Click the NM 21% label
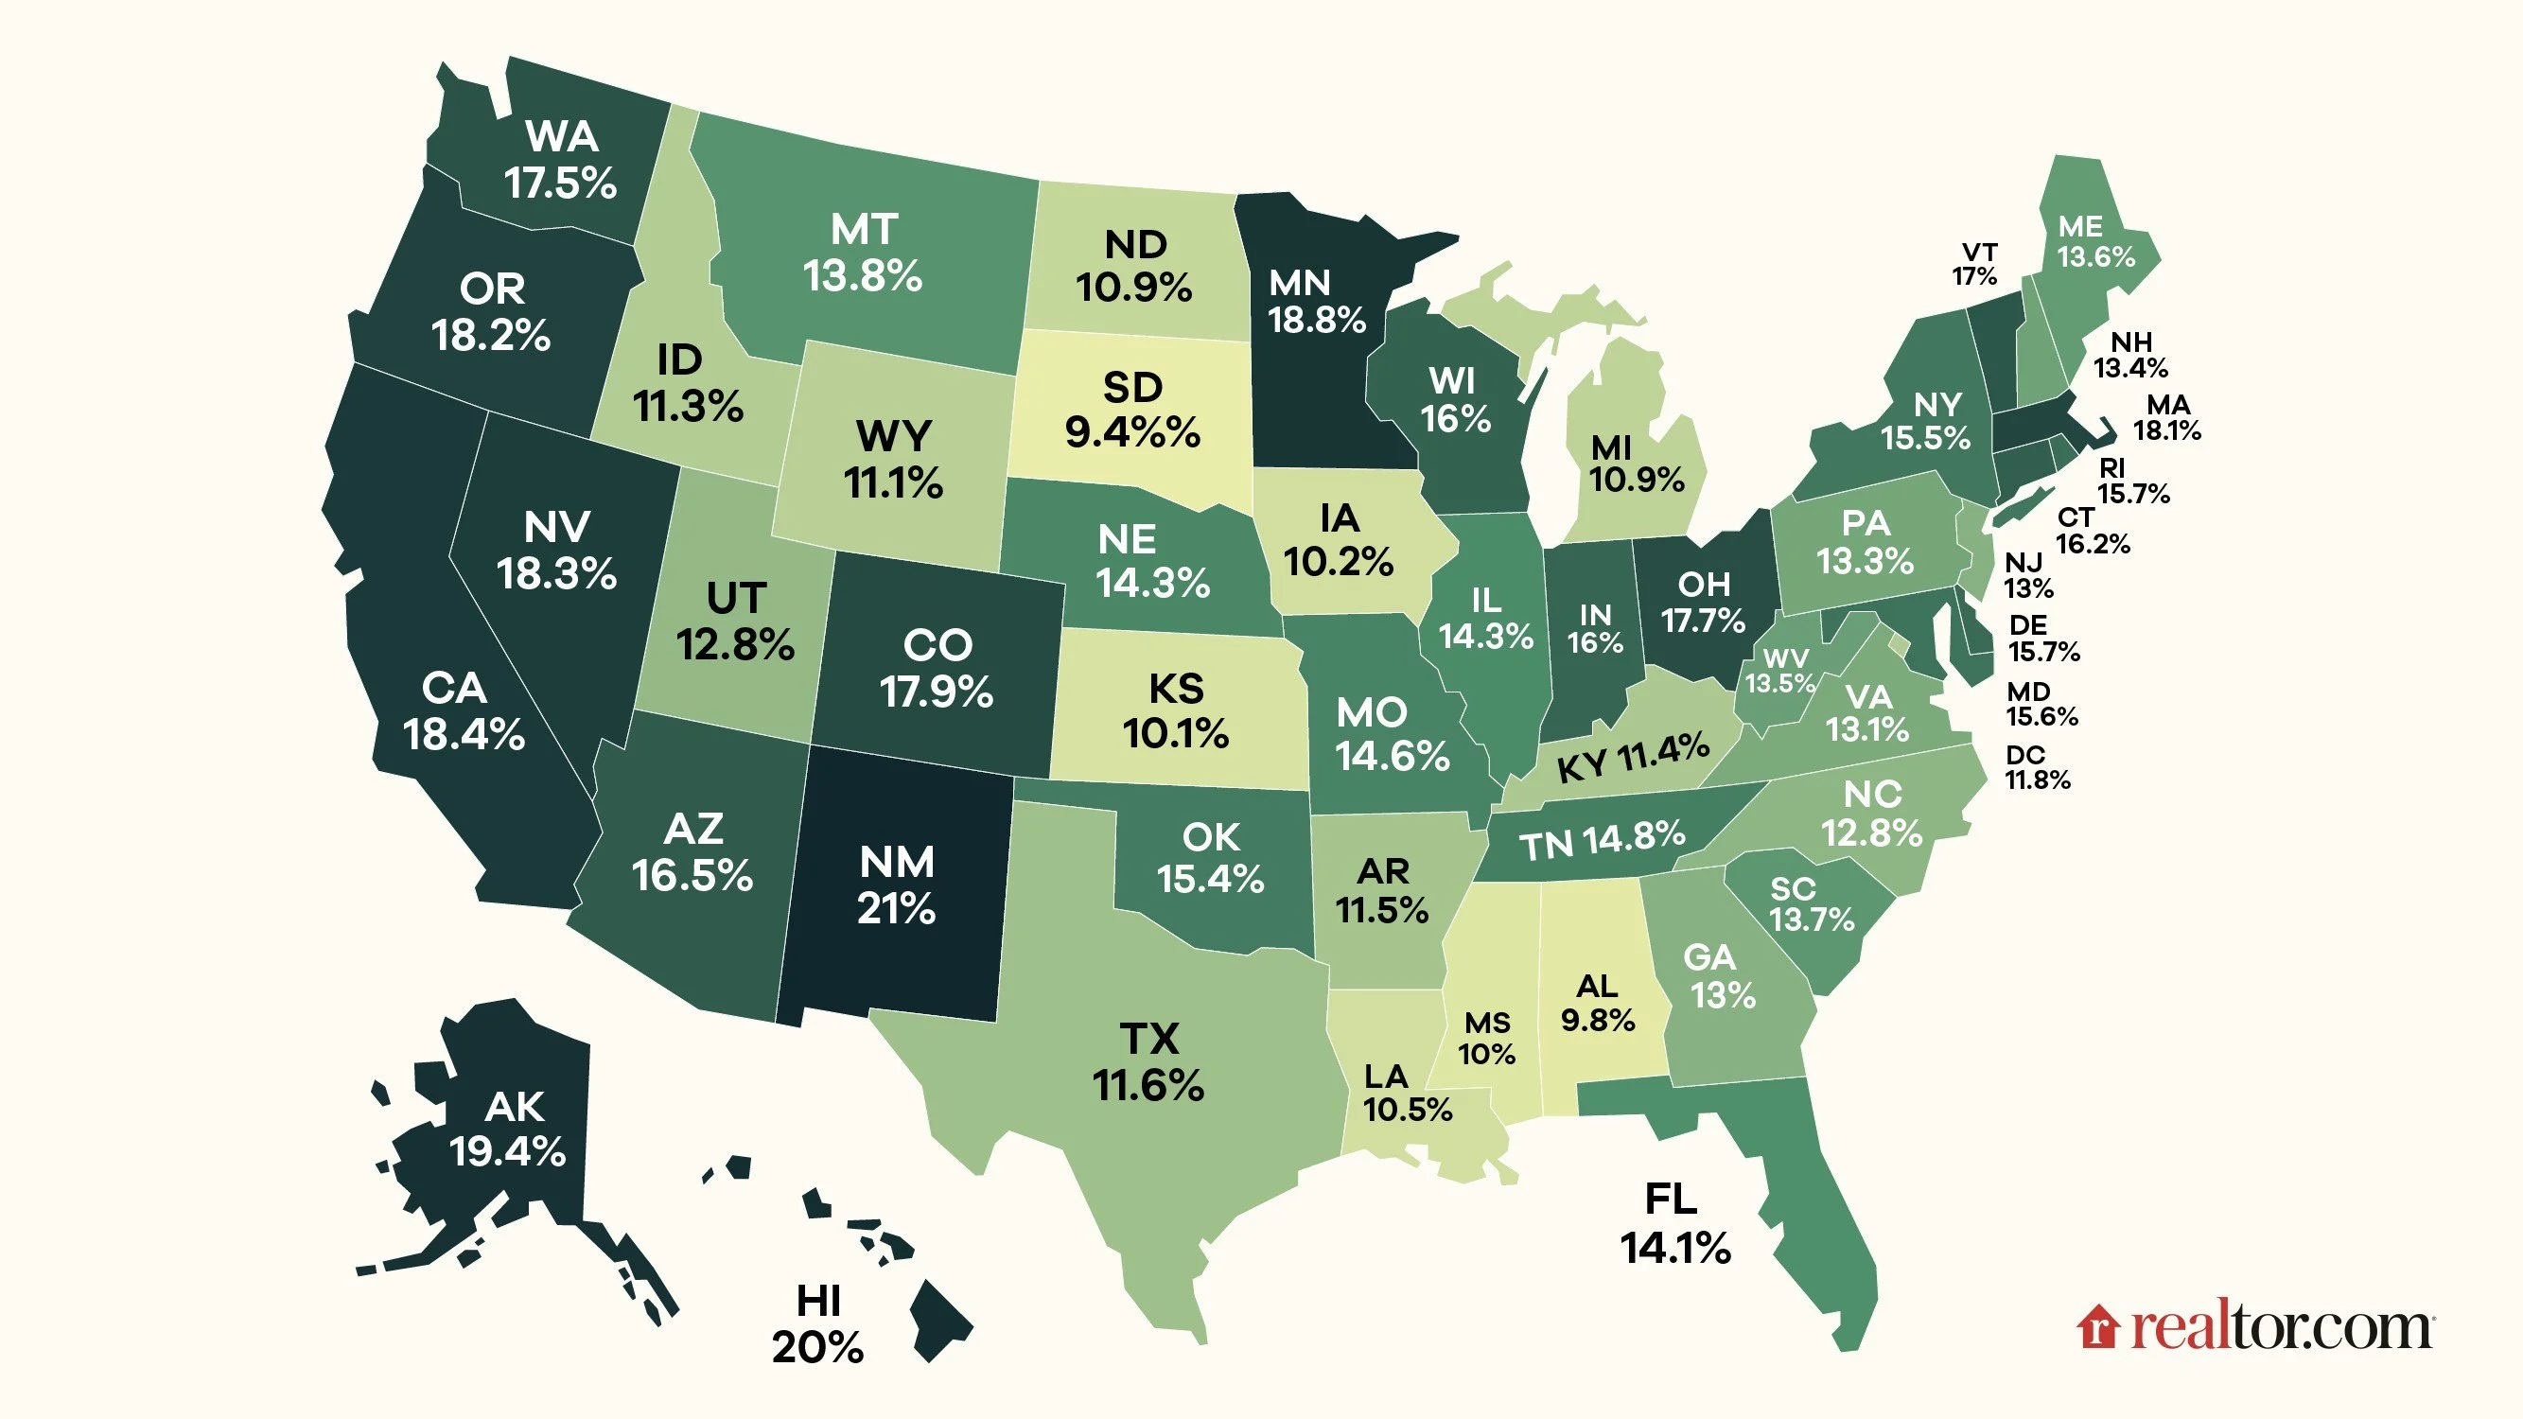point(896,885)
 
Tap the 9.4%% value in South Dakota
point(1132,432)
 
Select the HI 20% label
point(817,1324)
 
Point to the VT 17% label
point(1975,265)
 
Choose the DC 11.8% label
point(2037,768)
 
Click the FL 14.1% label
point(1674,1223)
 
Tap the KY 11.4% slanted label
point(1634,757)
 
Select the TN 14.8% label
point(1603,840)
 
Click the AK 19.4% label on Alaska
point(510,1130)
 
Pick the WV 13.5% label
point(1781,671)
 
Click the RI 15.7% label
point(2132,481)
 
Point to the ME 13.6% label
point(2095,242)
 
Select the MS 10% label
point(1487,1039)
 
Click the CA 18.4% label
point(464,712)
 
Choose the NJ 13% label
point(2027,576)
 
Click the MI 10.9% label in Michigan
point(1636,464)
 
